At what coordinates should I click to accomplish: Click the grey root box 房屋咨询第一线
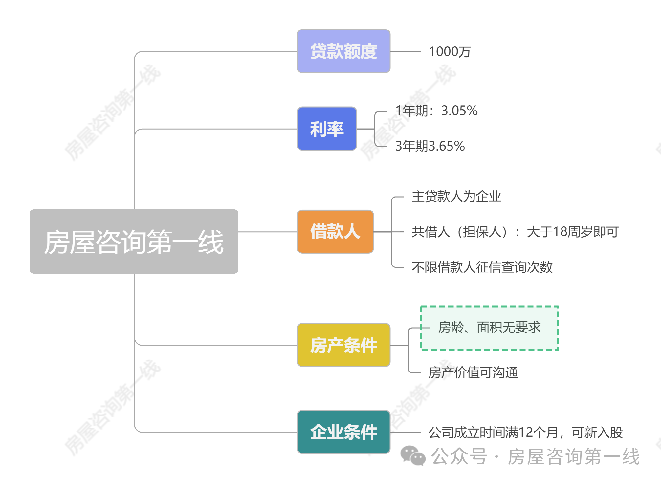click(134, 242)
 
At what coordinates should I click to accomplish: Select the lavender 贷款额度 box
click(343, 51)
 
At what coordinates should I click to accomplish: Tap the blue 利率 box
click(327, 129)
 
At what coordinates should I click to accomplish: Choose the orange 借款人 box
click(335, 231)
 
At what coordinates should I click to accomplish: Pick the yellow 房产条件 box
click(343, 345)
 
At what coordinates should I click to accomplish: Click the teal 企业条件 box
click(343, 432)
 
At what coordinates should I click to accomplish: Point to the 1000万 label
click(450, 52)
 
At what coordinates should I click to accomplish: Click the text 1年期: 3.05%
click(436, 111)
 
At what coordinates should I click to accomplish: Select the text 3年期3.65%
click(430, 146)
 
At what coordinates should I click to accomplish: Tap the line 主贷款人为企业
click(456, 197)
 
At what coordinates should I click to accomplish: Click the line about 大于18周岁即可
click(515, 232)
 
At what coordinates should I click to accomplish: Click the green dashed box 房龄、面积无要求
click(489, 328)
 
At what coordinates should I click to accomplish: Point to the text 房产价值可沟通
click(473, 373)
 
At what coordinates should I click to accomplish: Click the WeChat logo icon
click(412, 456)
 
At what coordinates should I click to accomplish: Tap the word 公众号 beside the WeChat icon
click(459, 456)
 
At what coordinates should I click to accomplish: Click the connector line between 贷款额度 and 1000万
click(405, 52)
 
